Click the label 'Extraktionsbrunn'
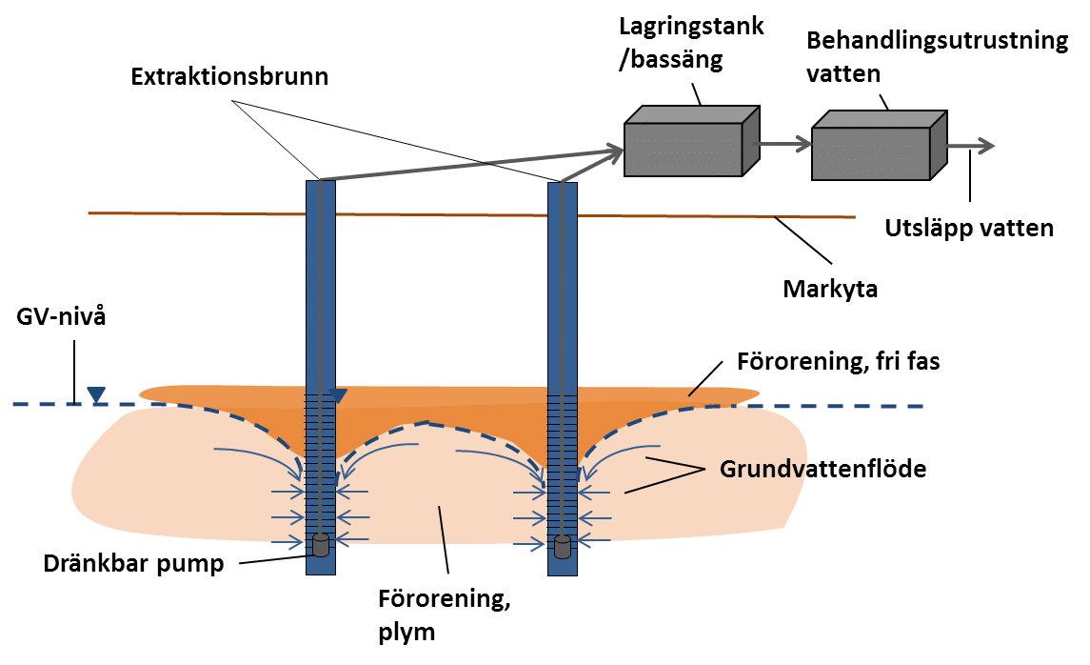pos(229,77)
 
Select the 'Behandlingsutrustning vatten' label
pos(937,56)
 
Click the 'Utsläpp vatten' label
pos(969,229)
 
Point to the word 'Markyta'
pos(829,288)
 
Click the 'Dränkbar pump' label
pos(133,563)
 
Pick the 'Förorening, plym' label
pos(439,615)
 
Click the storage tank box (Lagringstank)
pos(690,141)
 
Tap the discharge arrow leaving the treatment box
pos(972,146)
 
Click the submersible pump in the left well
pos(322,545)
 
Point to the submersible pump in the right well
pos(564,547)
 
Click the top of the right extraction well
pos(563,184)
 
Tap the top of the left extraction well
pos(320,181)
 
